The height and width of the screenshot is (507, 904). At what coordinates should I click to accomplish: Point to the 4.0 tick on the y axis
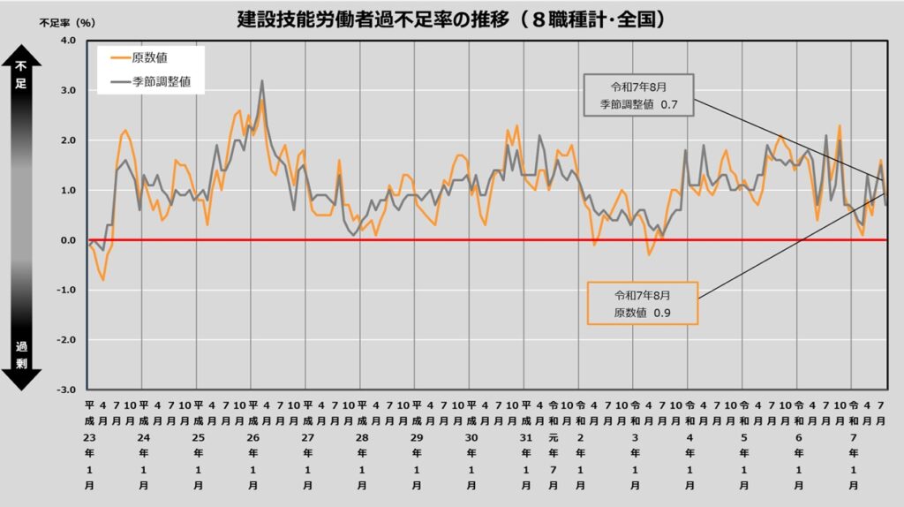68,41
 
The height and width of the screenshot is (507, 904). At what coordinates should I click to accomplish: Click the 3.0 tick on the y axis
68,90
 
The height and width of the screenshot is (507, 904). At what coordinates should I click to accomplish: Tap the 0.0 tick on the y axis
68,240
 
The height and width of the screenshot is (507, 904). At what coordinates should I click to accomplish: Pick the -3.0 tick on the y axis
66,390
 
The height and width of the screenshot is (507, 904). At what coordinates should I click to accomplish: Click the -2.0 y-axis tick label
66,340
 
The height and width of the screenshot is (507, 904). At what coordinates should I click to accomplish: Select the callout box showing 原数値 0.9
642,304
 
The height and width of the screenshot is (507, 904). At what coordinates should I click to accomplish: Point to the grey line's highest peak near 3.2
262,81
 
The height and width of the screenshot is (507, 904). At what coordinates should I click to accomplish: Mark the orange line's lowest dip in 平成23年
103,280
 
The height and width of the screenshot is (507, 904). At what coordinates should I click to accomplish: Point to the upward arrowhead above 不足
22,56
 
